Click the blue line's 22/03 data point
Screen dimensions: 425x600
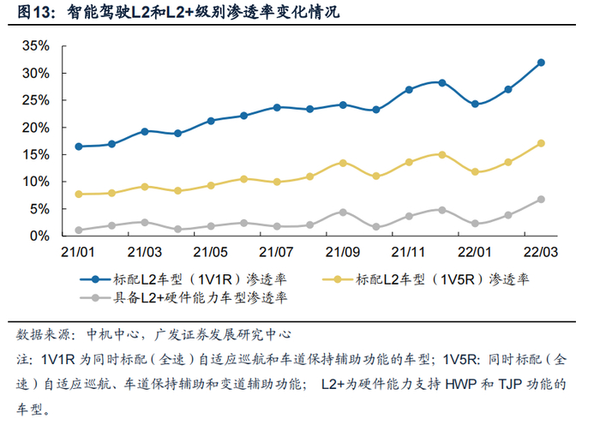541,63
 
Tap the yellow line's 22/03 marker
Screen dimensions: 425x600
541,143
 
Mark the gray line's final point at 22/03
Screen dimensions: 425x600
541,200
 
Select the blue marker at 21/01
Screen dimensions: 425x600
79,147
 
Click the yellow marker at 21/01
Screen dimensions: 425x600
79,195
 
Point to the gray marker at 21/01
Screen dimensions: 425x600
79,230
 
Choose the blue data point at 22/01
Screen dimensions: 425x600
475,104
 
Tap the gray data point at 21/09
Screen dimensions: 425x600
343,212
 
